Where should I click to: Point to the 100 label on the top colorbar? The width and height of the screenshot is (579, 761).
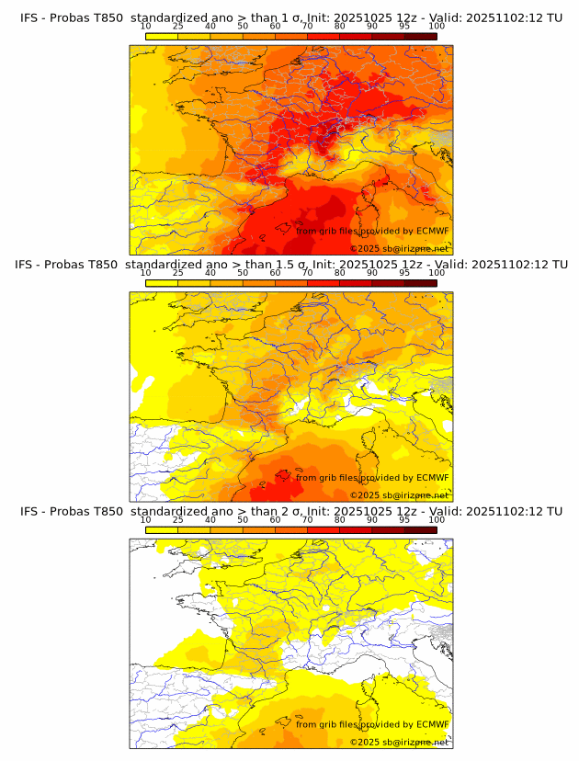click(x=437, y=27)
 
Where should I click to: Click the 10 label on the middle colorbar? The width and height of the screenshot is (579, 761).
click(x=145, y=273)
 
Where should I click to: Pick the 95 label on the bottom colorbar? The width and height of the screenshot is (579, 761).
click(x=404, y=519)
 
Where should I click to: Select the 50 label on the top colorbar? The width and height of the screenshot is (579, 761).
click(x=243, y=27)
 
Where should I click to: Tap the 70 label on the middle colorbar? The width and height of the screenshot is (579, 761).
click(x=307, y=273)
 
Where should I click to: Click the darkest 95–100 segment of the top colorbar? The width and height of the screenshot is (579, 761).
click(x=420, y=36)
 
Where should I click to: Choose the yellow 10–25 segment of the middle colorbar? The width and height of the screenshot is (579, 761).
click(x=162, y=282)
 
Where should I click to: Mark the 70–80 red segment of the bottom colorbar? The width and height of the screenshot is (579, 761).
click(x=324, y=529)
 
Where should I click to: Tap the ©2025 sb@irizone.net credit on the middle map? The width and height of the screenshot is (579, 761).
click(x=399, y=494)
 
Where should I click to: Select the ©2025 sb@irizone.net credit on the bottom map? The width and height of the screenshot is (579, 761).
click(x=399, y=742)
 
